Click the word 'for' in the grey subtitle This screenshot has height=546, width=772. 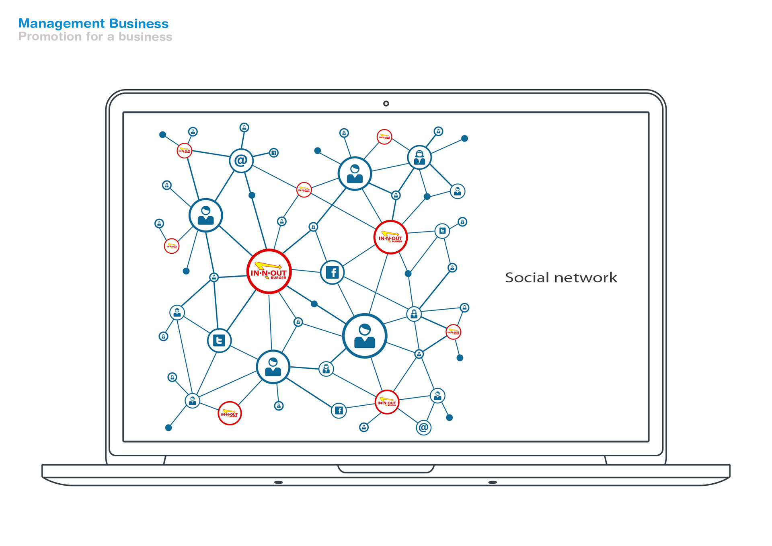tap(94, 37)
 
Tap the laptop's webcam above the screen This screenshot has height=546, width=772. tap(386, 103)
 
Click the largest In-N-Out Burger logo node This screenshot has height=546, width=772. tap(269, 271)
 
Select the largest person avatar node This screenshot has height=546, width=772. tap(364, 336)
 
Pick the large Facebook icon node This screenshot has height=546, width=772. tap(332, 272)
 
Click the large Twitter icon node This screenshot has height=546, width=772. tap(219, 341)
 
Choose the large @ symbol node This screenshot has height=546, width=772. tap(241, 160)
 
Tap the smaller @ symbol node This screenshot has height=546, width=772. tap(423, 427)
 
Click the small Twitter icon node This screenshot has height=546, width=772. tap(442, 231)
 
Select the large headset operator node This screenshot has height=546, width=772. tap(419, 157)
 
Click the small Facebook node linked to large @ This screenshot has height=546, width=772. tap(274, 153)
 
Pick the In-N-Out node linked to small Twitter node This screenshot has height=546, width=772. tap(390, 237)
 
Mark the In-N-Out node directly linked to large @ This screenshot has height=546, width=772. tap(185, 151)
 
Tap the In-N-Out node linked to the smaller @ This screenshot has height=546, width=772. tap(387, 402)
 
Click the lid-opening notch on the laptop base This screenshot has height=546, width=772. tap(386, 469)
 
